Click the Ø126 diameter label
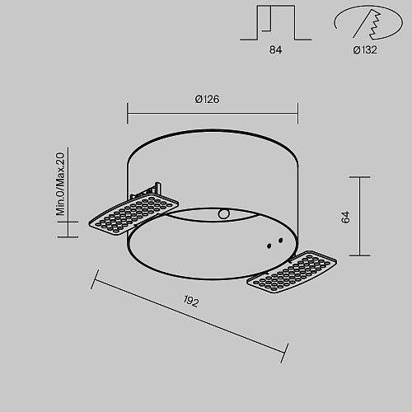coord(207,99)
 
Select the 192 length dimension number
coord(191,302)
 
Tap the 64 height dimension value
coord(346,217)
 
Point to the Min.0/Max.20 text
coord(60,184)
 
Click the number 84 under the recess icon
coord(275,50)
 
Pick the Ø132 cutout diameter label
coord(365,50)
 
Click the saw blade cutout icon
coord(368,22)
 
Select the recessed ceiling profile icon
coord(275,22)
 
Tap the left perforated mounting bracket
coord(133,214)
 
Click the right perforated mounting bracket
coord(292,272)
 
